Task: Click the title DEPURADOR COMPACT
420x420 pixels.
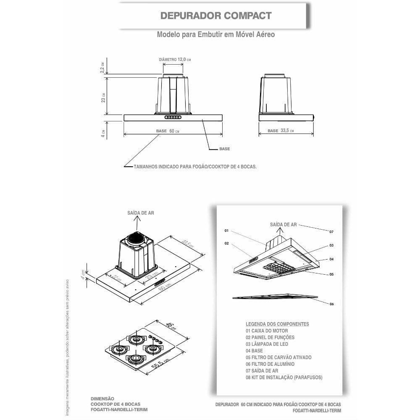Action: point(216,16)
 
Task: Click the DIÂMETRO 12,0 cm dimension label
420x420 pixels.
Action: point(175,60)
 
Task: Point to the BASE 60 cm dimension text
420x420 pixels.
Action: point(168,131)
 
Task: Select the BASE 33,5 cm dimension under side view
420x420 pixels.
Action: point(281,131)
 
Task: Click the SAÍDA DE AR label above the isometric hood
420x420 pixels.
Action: point(141,213)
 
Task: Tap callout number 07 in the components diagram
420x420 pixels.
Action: point(331,231)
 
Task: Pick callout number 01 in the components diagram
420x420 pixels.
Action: point(226,231)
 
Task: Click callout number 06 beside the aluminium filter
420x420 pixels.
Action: point(331,304)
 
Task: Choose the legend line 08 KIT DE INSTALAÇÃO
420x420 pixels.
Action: point(284,378)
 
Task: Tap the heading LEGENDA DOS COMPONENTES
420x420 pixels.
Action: point(277,324)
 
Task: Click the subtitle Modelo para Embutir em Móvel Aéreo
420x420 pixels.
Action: point(216,34)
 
